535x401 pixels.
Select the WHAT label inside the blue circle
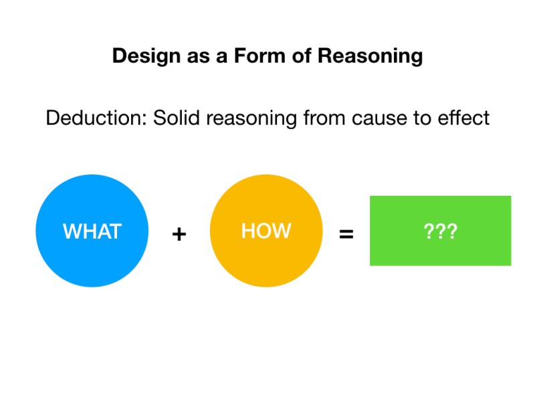tap(92, 231)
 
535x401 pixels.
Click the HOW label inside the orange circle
tap(266, 231)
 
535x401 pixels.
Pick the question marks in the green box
tap(441, 231)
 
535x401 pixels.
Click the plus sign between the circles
tap(179, 235)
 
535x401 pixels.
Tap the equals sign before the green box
tap(346, 235)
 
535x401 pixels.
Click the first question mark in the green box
tap(429, 231)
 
